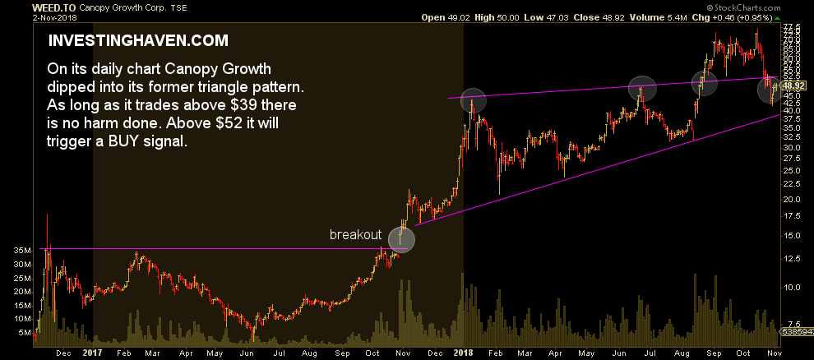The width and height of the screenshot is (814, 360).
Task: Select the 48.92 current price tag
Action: [x=793, y=85]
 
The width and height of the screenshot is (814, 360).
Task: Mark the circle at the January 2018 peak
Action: [x=473, y=100]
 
